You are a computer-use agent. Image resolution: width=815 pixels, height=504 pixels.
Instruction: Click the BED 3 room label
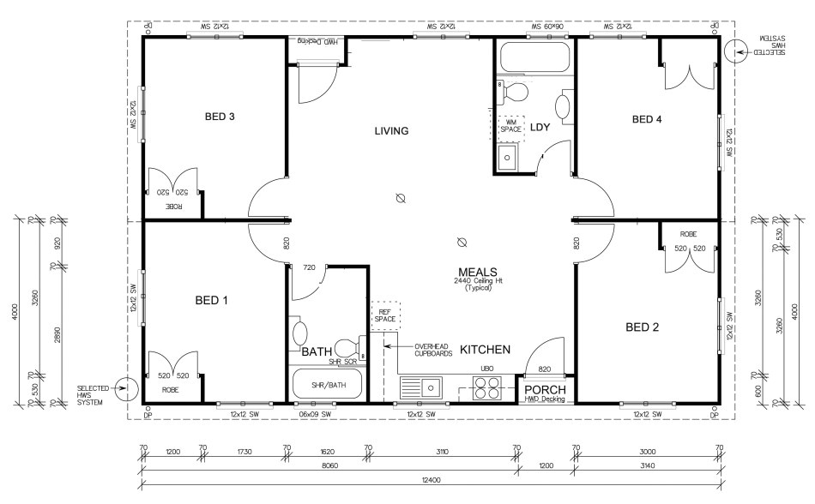click(x=220, y=117)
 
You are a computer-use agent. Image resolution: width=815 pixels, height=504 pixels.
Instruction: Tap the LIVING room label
click(x=391, y=131)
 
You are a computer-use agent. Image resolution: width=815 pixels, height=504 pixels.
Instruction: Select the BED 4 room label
click(x=647, y=119)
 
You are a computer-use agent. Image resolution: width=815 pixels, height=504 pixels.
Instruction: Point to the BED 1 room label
click(x=211, y=301)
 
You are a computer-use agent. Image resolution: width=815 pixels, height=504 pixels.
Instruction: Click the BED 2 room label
click(x=643, y=327)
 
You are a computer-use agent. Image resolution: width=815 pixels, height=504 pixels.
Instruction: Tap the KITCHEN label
click(x=486, y=350)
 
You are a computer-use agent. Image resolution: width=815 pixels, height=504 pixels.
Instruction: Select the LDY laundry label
click(x=540, y=128)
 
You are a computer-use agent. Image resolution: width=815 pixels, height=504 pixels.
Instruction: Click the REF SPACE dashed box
click(x=385, y=315)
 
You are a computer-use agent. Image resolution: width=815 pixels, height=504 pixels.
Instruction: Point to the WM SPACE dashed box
click(x=511, y=128)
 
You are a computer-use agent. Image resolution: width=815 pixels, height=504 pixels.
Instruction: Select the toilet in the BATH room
click(x=348, y=348)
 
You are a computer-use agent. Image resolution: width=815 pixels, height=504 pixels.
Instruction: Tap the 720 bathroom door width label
click(x=310, y=267)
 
